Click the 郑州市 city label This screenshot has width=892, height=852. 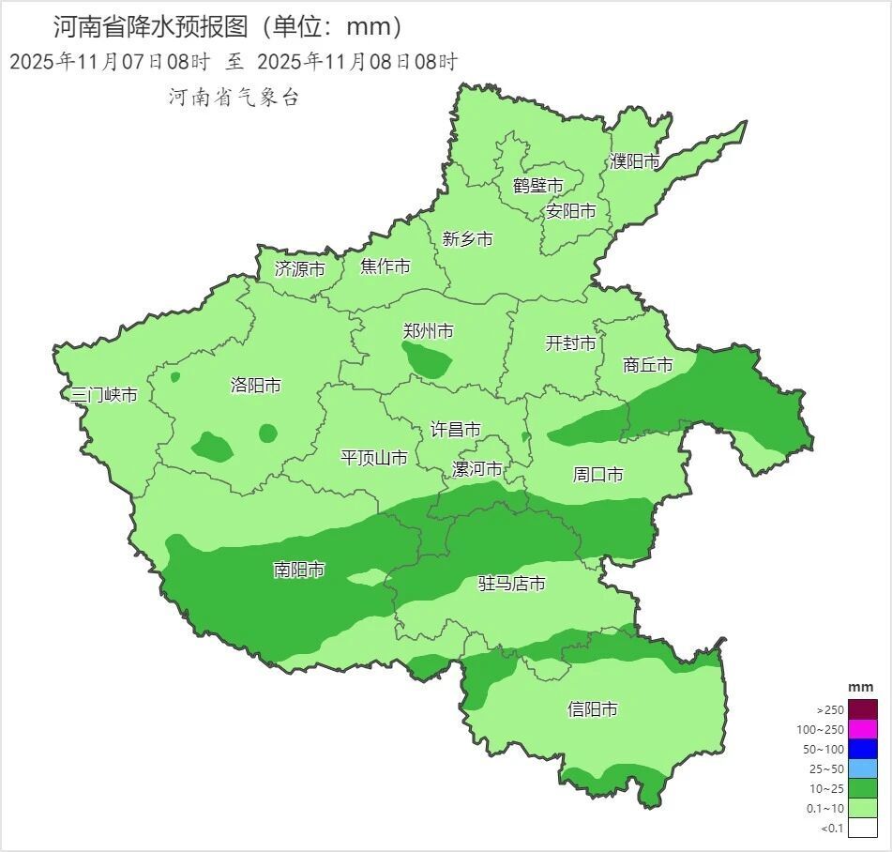(x=428, y=331)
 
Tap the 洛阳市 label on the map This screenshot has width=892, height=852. (x=255, y=386)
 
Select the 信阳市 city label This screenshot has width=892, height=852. (x=593, y=709)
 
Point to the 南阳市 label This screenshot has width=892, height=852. (x=299, y=570)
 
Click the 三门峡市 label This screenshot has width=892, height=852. (x=105, y=395)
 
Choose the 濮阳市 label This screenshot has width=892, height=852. (x=634, y=161)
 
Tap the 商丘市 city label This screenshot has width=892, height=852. (x=648, y=365)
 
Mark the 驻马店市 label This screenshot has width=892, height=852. (x=512, y=584)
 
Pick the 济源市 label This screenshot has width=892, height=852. (x=299, y=269)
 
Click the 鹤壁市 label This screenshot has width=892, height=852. (x=537, y=186)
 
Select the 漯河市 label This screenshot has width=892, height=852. (x=477, y=469)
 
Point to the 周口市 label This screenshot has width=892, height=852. (x=597, y=475)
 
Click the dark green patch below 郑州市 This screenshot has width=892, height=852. (x=427, y=359)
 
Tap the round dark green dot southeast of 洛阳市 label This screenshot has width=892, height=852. (x=268, y=433)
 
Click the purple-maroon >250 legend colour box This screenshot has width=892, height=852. (x=863, y=709)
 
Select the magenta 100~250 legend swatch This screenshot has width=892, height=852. (x=863, y=729)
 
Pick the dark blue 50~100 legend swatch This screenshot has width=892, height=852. (x=863, y=749)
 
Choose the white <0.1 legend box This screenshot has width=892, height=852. (x=863, y=827)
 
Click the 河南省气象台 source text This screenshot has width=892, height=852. (x=234, y=97)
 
